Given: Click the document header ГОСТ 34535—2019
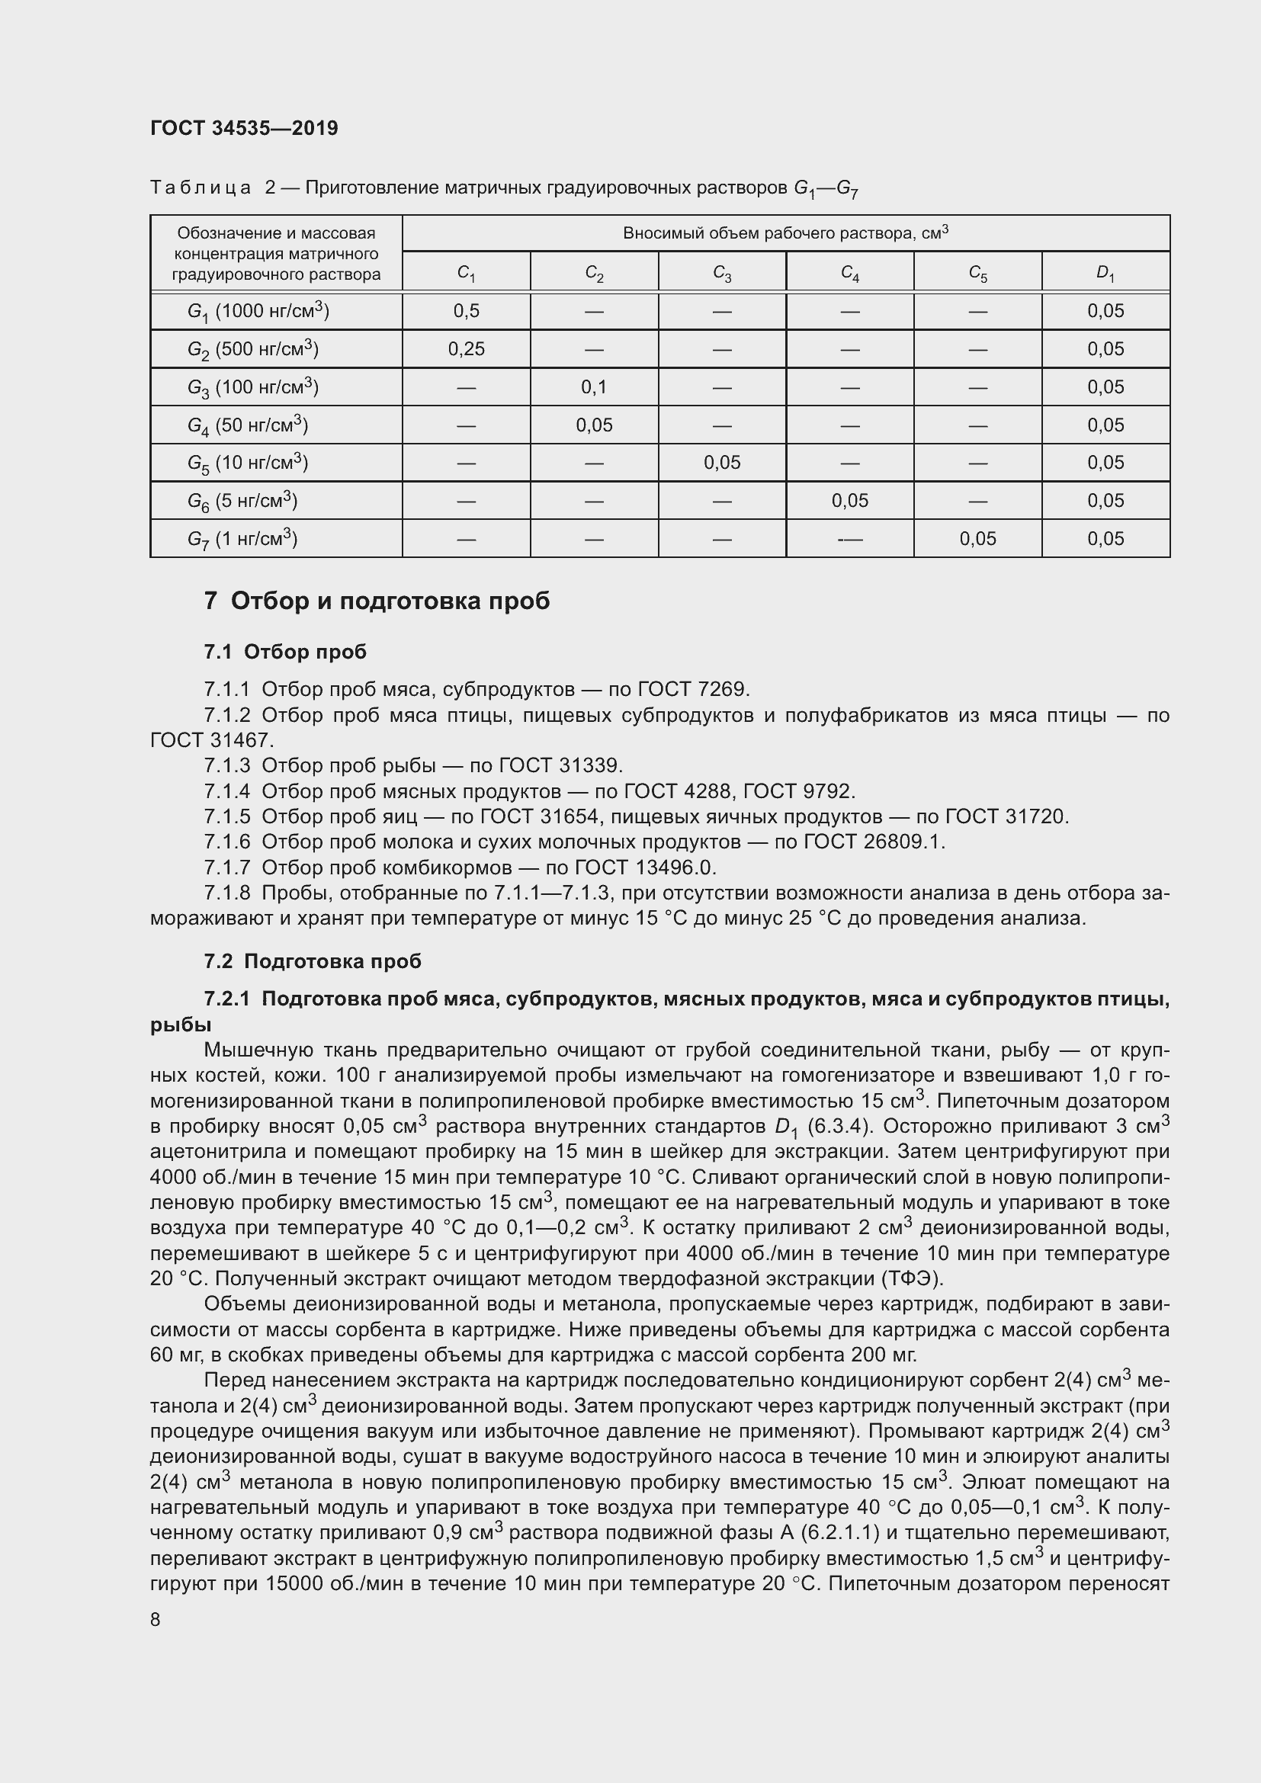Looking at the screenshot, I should [x=244, y=128].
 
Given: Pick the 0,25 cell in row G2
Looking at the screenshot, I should [x=466, y=349].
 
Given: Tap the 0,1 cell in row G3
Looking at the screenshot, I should [x=594, y=386].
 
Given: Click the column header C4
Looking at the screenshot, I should [x=849, y=274].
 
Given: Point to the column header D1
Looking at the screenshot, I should [x=1105, y=274].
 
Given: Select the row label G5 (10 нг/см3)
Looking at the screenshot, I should [x=248, y=463].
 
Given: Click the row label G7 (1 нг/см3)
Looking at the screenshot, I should [x=242, y=539].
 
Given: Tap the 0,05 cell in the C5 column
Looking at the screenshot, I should [x=977, y=539].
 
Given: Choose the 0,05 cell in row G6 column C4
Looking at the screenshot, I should [x=849, y=501].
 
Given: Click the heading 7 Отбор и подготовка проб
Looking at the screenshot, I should [x=377, y=601].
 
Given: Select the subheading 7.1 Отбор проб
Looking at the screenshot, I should [x=285, y=653].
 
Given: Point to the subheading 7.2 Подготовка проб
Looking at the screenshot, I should [x=312, y=961].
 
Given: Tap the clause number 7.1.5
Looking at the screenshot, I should [x=226, y=817].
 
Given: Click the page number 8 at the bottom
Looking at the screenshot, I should [x=156, y=1620].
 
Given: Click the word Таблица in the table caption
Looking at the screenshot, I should [x=201, y=188].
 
